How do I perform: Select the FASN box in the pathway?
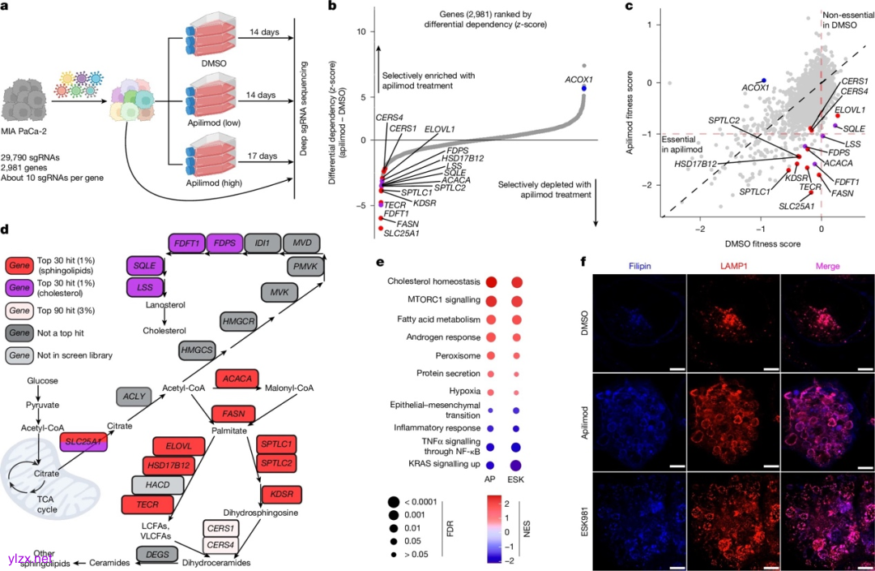(x=233, y=414)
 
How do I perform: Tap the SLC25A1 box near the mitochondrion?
(x=85, y=444)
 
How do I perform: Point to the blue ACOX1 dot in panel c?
(x=762, y=79)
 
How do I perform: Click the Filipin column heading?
(x=638, y=267)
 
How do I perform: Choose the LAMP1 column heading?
(x=732, y=267)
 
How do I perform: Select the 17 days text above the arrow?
(x=258, y=155)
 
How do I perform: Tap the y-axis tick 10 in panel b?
(x=363, y=32)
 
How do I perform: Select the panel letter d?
(x=5, y=230)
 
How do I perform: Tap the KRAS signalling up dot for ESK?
(x=515, y=466)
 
